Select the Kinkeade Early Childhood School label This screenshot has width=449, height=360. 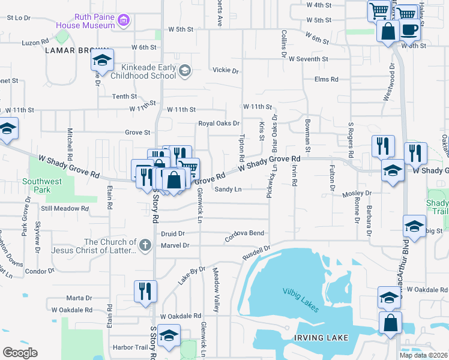click(148, 72)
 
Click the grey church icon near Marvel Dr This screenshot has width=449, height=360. click(145, 245)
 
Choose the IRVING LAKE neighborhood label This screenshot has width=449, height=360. click(321, 338)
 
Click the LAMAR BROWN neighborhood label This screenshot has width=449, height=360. click(76, 50)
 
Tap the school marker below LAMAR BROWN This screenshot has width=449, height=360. click(102, 60)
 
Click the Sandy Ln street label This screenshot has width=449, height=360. click(228, 190)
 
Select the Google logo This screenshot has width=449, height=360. click(20, 352)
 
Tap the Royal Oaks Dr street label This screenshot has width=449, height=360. click(219, 124)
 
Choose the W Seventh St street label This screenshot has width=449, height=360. click(308, 59)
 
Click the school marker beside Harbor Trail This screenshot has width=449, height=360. click(169, 337)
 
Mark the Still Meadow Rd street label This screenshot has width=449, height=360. click(65, 209)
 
